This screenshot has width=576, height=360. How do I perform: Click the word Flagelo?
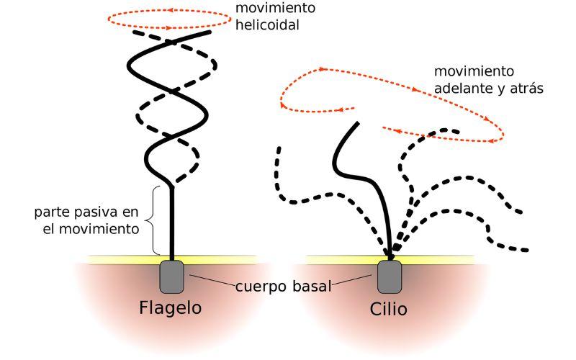pyautogui.click(x=170, y=308)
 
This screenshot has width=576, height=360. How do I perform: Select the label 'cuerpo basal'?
pyautogui.click(x=283, y=286)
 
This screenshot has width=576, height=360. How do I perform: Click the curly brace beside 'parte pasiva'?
pyautogui.click(x=153, y=220)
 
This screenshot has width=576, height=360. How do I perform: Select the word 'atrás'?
pyautogui.click(x=525, y=89)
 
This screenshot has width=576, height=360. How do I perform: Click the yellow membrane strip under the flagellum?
pyautogui.click(x=122, y=258)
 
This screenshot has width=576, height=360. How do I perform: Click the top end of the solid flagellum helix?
pyautogui.click(x=210, y=32)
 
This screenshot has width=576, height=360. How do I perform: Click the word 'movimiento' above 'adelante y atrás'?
pyautogui.click(x=474, y=72)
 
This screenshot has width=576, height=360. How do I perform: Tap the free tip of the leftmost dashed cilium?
pyautogui.click(x=277, y=148)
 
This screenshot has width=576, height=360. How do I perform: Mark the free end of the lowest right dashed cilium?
pyautogui.click(x=528, y=251)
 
